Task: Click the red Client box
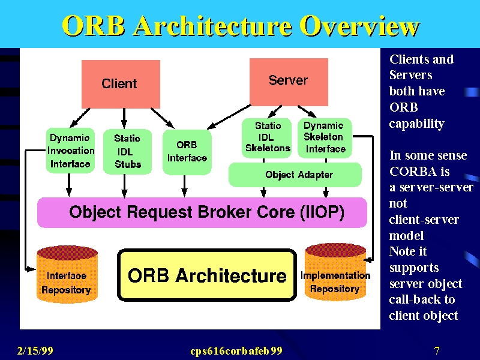coord(121,84)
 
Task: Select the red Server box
coord(289,82)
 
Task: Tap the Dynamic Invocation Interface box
coord(70,151)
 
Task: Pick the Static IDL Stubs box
coord(127,152)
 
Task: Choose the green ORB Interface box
coord(187,152)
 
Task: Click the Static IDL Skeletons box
coord(266,138)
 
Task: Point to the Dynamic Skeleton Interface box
coord(325,138)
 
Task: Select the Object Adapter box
coord(295,175)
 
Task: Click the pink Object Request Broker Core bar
coord(202,212)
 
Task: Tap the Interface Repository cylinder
coord(67,274)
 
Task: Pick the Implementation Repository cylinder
coord(335,272)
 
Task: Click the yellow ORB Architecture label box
coord(207,275)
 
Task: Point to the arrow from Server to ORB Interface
coord(229,117)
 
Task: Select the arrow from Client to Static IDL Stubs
coord(124,118)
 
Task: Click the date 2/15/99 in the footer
coord(35,350)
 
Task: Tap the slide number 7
coord(437,350)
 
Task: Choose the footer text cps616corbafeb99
coord(236,351)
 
